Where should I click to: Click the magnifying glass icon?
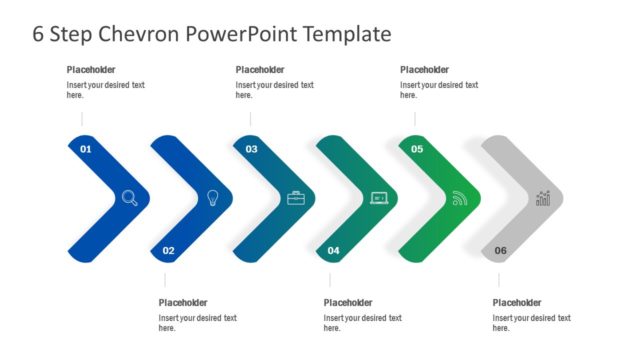[130, 198]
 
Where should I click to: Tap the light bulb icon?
[213, 197]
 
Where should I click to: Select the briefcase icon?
[296, 198]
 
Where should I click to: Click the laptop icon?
[379, 198]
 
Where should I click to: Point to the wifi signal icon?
[460, 198]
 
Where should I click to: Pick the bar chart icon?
[543, 198]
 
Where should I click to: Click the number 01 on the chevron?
[86, 149]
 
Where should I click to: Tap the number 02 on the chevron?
[168, 250]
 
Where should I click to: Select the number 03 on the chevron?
[251, 149]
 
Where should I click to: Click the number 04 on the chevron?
[334, 250]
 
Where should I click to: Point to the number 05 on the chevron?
[417, 149]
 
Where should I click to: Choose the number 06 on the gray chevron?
[500, 250]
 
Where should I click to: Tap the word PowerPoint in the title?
[246, 34]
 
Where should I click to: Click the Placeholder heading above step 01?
[92, 70]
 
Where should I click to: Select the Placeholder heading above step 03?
[260, 70]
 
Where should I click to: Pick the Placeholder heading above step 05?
[425, 70]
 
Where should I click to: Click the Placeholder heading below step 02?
[184, 303]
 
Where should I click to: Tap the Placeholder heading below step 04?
[349, 303]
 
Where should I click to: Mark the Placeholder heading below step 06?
[518, 303]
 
